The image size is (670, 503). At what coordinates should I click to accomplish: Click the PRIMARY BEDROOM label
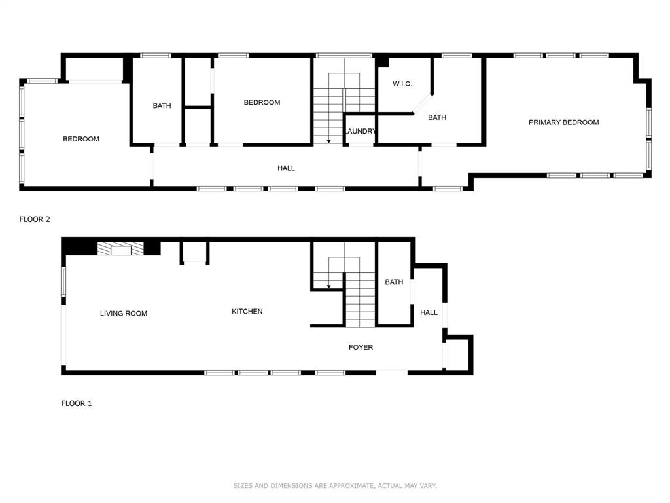[563, 122]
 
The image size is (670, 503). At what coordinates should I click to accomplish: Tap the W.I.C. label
[402, 84]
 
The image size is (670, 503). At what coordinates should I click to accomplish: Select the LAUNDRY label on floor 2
[361, 132]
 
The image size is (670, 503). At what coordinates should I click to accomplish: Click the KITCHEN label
[247, 312]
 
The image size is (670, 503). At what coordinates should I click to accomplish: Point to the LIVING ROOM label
[124, 314]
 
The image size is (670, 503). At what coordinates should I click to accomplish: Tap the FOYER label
[361, 347]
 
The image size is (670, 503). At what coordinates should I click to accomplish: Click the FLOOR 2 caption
[35, 219]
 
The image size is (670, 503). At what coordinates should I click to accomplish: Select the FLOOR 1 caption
[77, 403]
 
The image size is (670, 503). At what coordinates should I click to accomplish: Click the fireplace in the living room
[120, 248]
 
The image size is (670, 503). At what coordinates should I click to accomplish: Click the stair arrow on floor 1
[328, 286]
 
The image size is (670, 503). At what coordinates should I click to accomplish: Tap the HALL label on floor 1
[429, 312]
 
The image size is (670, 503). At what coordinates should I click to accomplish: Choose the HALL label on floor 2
[286, 168]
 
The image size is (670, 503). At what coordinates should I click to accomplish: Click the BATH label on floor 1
[394, 282]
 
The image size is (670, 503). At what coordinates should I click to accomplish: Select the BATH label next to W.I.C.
[437, 118]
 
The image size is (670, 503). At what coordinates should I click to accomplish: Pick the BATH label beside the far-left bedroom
[162, 105]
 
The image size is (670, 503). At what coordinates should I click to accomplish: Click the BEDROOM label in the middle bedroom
[262, 102]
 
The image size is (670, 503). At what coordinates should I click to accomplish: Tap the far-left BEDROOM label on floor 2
[81, 139]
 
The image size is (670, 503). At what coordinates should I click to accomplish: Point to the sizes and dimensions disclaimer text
[335, 485]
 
